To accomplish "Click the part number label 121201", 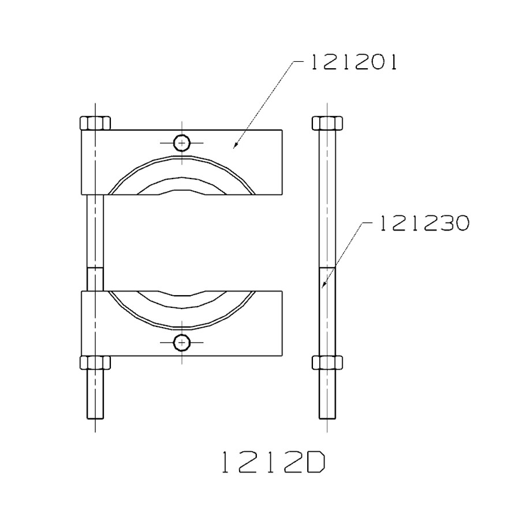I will click(x=354, y=62).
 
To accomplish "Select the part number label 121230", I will click(x=423, y=224).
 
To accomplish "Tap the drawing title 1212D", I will click(x=273, y=463).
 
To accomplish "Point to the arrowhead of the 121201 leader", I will click(x=235, y=146).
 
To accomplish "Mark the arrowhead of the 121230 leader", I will click(x=323, y=285).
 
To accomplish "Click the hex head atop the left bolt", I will click(x=95, y=123).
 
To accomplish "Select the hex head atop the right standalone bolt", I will click(x=327, y=123).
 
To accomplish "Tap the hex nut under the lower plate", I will click(x=95, y=363).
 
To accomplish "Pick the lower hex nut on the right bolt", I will click(x=327, y=363).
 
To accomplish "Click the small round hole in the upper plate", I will click(x=182, y=142).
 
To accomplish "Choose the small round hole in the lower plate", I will click(x=182, y=343).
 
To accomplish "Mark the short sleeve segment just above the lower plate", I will click(x=95, y=278).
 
